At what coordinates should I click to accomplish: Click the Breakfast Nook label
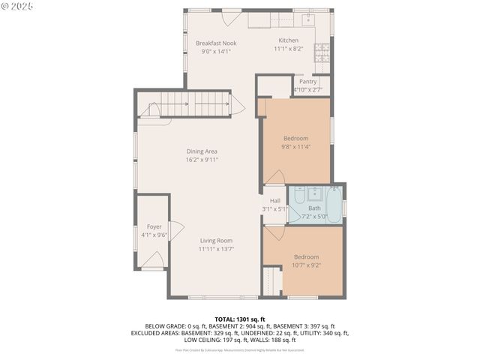(216, 43)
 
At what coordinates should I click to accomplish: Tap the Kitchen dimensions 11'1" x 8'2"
(288, 49)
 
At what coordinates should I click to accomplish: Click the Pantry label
(307, 82)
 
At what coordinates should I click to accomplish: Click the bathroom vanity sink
(316, 193)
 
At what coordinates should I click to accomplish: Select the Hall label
(275, 201)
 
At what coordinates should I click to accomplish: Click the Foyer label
(154, 226)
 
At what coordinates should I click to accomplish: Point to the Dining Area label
(202, 151)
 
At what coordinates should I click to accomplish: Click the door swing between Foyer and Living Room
(176, 230)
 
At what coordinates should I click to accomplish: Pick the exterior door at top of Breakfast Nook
(231, 16)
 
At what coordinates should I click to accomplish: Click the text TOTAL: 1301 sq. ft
(240, 319)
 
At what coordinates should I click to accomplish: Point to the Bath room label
(314, 208)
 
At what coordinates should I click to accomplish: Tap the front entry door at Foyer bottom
(154, 260)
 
